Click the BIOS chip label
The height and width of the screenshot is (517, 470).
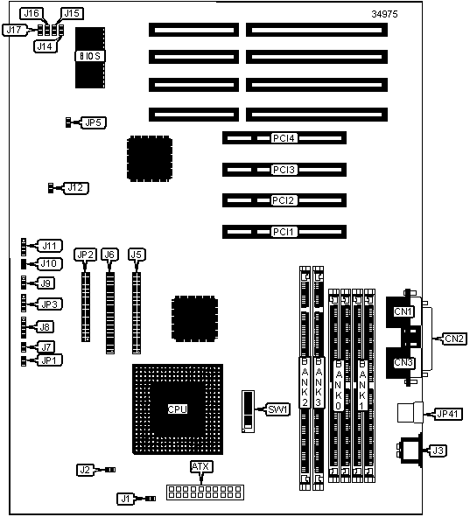90,56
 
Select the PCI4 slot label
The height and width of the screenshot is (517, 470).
284,138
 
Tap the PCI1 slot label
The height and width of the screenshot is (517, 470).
284,232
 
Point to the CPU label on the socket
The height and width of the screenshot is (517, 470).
178,409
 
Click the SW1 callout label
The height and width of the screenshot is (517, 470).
277,409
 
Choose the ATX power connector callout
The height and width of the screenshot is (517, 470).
200,466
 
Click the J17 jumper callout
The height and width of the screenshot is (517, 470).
14,30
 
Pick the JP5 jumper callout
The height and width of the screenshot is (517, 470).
94,122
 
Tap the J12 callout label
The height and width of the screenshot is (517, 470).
75,188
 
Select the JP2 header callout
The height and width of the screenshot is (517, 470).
85,255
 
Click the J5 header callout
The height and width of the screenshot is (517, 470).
137,255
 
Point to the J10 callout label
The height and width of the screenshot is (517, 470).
49,264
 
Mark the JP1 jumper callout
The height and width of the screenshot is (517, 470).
50,360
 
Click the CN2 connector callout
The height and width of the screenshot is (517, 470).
454,339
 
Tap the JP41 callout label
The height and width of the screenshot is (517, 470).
447,414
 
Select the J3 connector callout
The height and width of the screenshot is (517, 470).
438,451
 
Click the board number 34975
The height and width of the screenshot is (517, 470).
384,14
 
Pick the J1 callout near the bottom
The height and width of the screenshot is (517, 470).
126,499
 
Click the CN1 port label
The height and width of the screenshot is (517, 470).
403,311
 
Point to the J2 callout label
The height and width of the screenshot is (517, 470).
85,470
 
